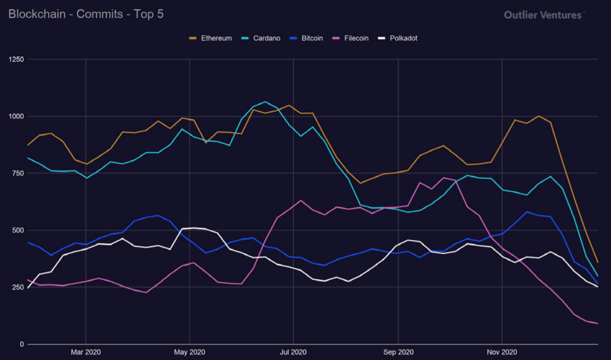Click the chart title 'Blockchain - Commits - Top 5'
click(86, 14)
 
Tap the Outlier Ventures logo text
click(543, 15)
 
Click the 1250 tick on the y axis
click(16, 60)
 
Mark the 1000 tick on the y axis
click(16, 116)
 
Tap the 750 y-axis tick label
click(18, 174)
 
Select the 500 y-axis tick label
click(18, 230)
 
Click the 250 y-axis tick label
click(18, 287)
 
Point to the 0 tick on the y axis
click(21, 344)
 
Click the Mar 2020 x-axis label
click(85, 352)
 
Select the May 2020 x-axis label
click(190, 352)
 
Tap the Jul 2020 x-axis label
click(293, 352)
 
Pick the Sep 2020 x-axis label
click(398, 352)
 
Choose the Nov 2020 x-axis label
click(502, 352)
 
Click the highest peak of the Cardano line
click(265, 102)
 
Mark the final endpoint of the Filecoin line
click(598, 324)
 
